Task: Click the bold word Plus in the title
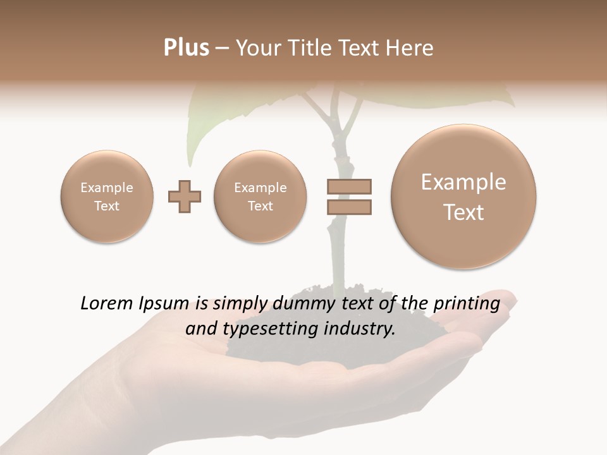pos(187,48)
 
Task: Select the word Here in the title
pos(411,48)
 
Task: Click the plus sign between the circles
pos(185,197)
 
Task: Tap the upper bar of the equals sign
pos(349,186)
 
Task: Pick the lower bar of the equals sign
pos(349,207)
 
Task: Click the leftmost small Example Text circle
pos(107,197)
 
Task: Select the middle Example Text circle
pos(261,197)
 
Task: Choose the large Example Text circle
pos(463,197)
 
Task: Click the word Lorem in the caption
pos(105,304)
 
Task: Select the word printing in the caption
pos(465,304)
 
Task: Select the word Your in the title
pos(256,48)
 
